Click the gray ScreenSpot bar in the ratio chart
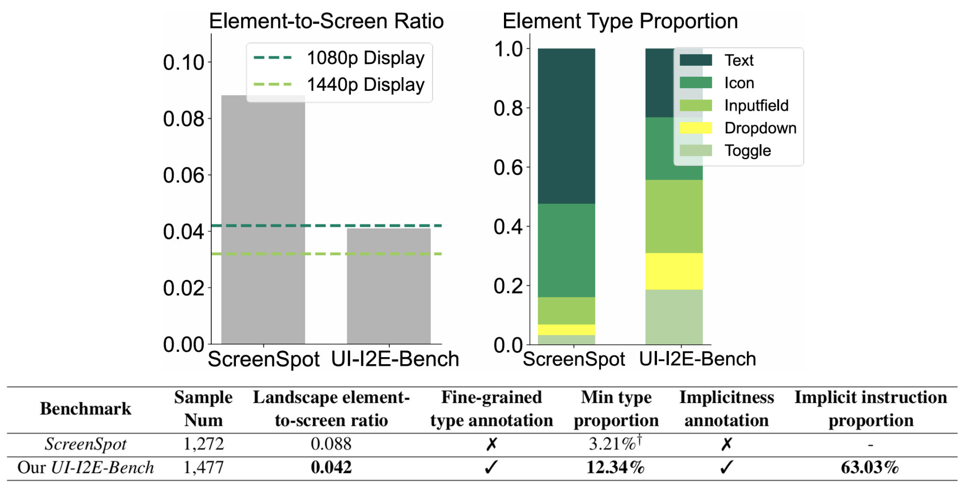coord(263,218)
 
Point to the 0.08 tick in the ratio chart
coord(183,118)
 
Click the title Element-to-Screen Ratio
coord(326,21)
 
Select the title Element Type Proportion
coord(620,21)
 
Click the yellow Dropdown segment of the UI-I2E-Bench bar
coord(674,271)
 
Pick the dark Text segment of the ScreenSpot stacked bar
coord(566,126)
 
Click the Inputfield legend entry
coord(756,105)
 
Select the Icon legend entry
coord(739,83)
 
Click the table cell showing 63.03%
coord(870,467)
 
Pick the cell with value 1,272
coord(203,444)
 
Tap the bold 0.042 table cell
coord(331,467)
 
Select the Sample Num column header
coord(203,408)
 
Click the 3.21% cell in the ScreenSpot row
coord(614,444)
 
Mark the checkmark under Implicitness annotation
coord(726,467)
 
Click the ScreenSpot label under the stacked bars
coord(574,359)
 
